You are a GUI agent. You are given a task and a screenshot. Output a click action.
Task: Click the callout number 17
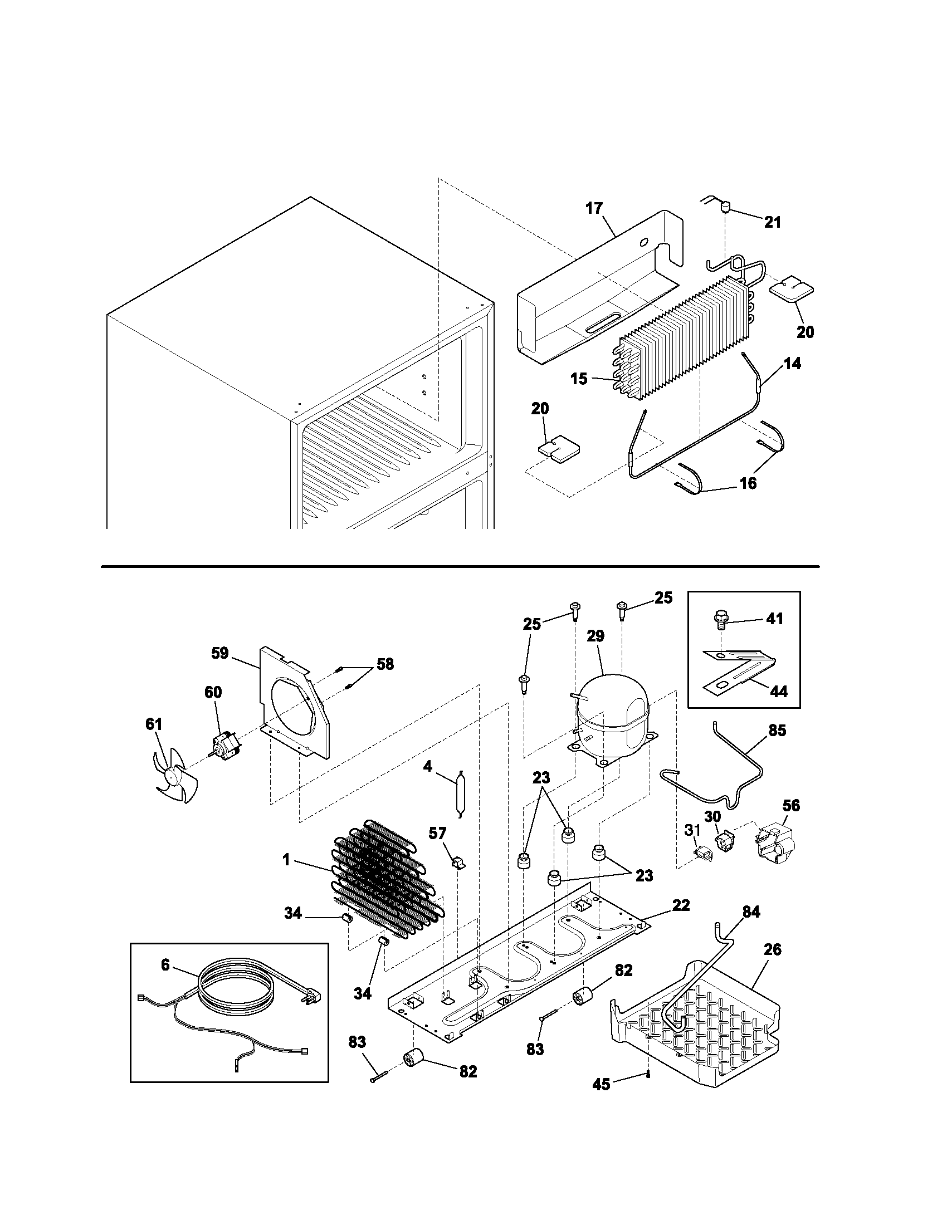point(594,208)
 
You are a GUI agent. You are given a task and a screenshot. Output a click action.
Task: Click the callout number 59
point(220,653)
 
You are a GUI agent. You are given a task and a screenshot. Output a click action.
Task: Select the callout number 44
point(778,692)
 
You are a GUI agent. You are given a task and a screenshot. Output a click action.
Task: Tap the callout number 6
point(165,964)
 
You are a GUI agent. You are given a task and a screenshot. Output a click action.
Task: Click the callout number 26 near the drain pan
point(772,949)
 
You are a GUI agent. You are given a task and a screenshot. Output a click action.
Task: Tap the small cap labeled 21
point(724,208)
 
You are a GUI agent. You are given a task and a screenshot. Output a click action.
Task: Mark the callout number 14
point(792,364)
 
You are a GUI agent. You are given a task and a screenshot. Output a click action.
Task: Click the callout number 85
point(777,731)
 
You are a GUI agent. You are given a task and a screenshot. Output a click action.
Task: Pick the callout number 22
point(681,905)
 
